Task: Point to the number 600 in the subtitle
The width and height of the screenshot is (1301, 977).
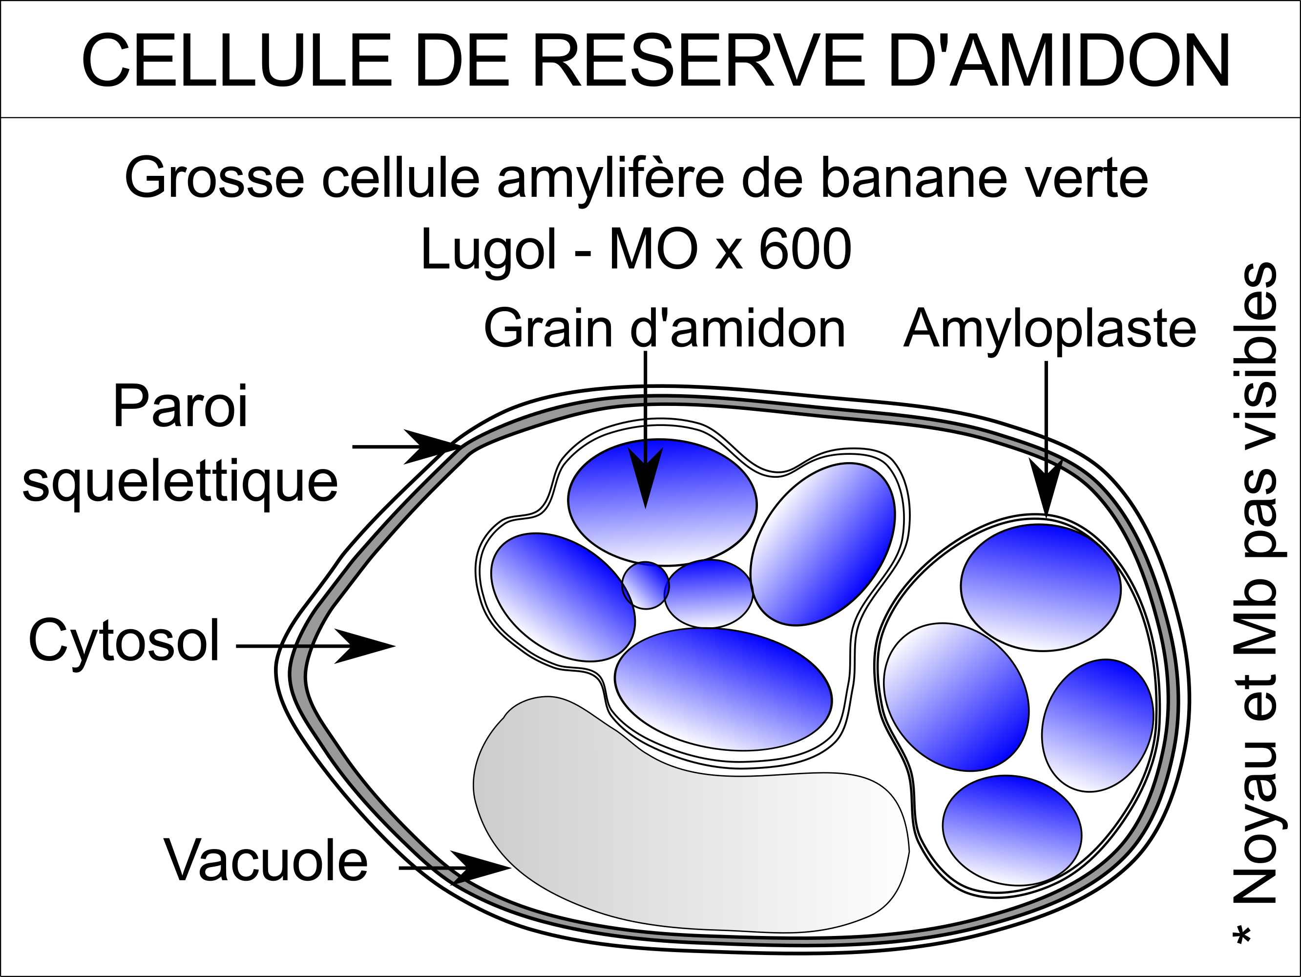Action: [x=805, y=250]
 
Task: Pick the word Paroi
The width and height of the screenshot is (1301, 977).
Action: [x=181, y=406]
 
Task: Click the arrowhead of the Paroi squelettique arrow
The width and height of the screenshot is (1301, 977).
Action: [x=432, y=446]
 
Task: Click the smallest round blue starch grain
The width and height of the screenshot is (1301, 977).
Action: [x=646, y=585]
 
